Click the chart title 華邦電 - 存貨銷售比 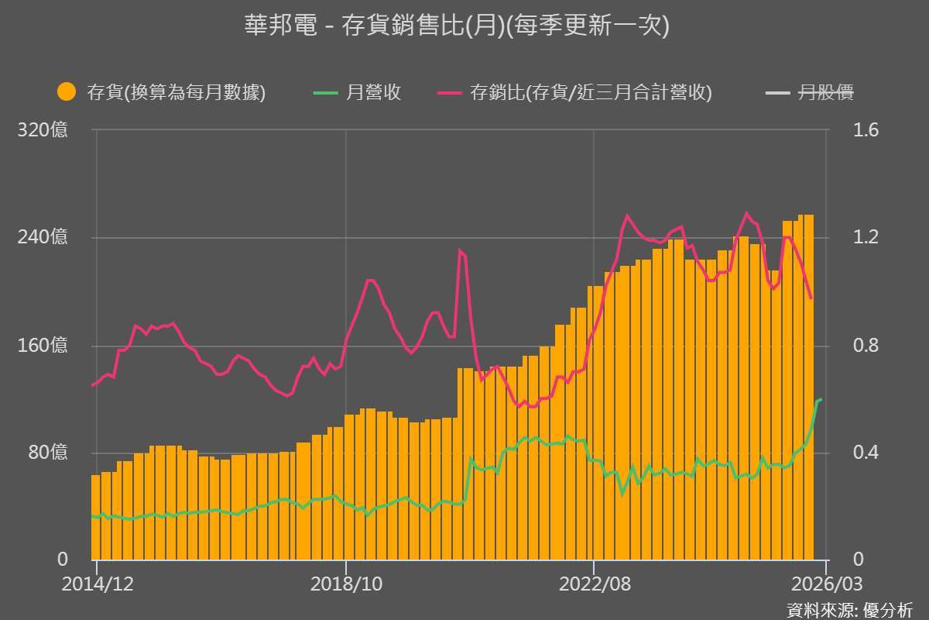[456, 26]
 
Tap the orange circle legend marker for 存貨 [67, 92]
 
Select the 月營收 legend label [372, 93]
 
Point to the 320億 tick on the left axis [43, 130]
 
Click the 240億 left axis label [43, 238]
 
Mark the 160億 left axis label [43, 346]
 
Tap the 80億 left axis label [47, 453]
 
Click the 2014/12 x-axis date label [97, 584]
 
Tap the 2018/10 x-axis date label [345, 584]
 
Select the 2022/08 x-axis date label [594, 584]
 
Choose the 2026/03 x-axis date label [826, 584]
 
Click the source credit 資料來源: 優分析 [849, 609]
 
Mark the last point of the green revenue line [821, 399]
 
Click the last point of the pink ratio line [811, 298]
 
